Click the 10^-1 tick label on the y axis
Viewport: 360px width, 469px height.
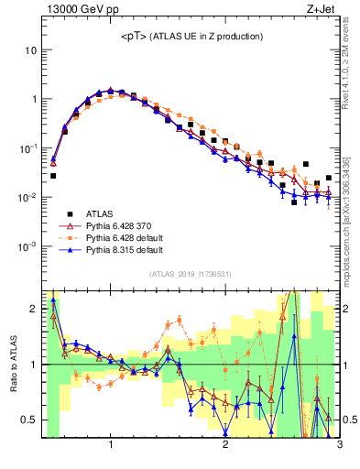(27, 148)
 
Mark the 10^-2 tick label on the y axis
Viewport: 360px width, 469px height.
(27, 198)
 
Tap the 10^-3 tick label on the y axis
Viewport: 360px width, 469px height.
(27, 247)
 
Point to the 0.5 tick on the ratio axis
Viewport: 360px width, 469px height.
(28, 420)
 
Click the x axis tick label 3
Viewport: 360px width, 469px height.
(339, 446)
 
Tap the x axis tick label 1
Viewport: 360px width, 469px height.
(111, 446)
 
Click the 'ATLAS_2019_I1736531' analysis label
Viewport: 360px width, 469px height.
(191, 275)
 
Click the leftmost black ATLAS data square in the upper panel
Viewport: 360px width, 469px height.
(53, 175)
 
